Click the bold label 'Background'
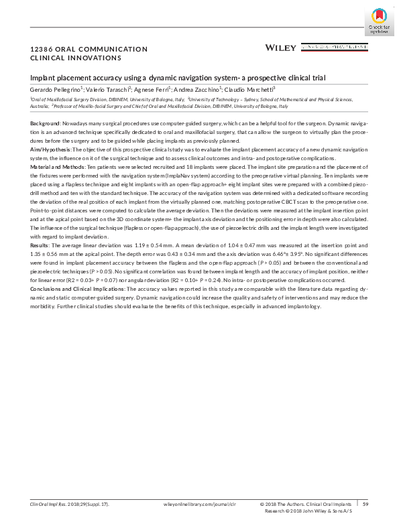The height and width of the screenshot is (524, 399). tap(45, 124)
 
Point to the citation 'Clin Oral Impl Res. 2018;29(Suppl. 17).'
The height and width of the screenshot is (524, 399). tap(70, 503)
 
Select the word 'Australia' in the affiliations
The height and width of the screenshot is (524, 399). tap(40, 106)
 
